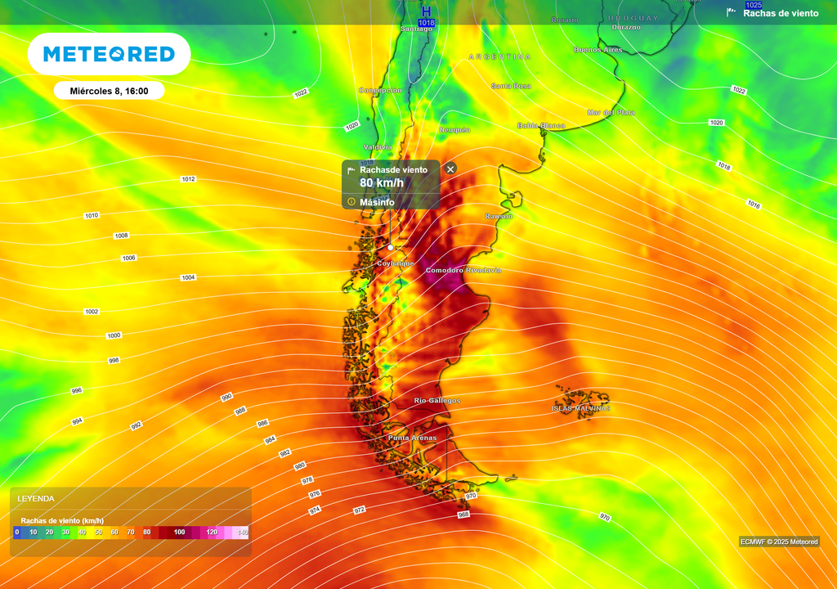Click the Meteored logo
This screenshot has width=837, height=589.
coord(109,54)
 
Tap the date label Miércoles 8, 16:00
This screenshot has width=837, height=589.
coord(109,91)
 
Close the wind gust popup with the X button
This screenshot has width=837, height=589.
coord(450,169)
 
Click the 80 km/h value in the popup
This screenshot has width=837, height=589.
coord(377,183)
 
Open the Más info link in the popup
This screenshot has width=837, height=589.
coord(377,202)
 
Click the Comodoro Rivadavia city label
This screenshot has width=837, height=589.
coord(463,270)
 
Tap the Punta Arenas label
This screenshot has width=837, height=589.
coord(412,438)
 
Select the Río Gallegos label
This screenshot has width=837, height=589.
coord(437,401)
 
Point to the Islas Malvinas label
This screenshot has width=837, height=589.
coord(581,408)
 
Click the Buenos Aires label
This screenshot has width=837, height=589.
coord(598,50)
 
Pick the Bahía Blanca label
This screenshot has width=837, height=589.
coord(541,126)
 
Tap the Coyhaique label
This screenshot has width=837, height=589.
coord(396,263)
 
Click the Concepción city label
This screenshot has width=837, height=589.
coord(380,90)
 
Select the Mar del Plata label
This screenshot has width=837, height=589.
coord(611,112)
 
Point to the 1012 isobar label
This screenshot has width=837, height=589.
coord(189,178)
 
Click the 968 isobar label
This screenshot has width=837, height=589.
coord(463,515)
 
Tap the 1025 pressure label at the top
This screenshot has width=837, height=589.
coord(754,5)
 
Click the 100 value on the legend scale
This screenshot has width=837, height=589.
coord(180,533)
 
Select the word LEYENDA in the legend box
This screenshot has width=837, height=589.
coord(36,498)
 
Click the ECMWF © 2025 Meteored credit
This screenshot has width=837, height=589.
coord(779,542)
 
